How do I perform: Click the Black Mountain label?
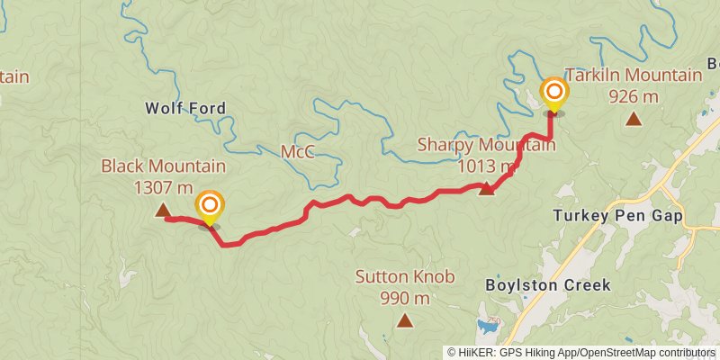pos(163,166)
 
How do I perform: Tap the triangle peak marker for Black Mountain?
pos(163,211)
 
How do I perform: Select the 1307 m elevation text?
pos(163,187)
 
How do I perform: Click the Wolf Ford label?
pos(185,109)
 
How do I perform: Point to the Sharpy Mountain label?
pos(486,146)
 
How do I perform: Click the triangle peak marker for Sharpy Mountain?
pos(487,188)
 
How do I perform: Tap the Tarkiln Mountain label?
pos(633,75)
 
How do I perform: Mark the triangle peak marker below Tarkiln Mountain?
pos(634,119)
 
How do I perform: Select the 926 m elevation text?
pos(634,95)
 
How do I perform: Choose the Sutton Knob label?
pos(404,277)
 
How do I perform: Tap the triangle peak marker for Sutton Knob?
pos(405,319)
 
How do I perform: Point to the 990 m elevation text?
pos(404,298)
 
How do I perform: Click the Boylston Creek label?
pos(548,285)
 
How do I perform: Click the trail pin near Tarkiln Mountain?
pos(554,94)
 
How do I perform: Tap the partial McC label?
pos(297,151)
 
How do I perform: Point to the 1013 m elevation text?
pos(486,166)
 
